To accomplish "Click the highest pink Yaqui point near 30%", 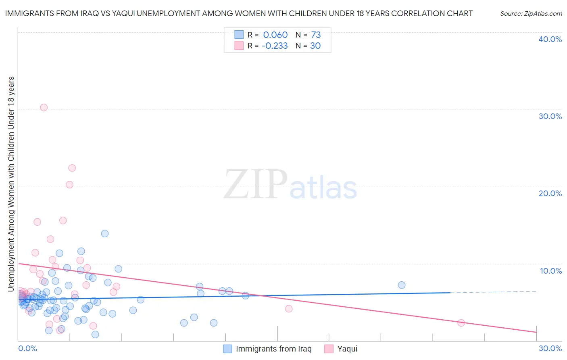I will point(44,107).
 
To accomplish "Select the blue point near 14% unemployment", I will point(105,233).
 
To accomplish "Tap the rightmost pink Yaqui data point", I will point(461,322).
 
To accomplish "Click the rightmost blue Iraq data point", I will point(402,285).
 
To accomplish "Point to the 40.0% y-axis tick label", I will point(550,39).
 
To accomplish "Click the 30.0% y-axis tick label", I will point(550,116).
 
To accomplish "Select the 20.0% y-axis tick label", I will point(550,193).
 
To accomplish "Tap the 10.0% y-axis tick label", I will point(551,271).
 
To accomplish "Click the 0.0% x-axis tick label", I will point(27,348).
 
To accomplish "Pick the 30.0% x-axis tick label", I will point(550,348).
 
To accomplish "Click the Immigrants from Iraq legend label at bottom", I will point(273,349).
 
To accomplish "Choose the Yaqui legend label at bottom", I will point(347,349).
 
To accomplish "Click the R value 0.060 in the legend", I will point(275,35).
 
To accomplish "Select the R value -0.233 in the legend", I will point(275,46).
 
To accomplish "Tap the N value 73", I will point(316,35).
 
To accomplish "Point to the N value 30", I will point(315,46).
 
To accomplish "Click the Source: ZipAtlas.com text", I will point(531,13).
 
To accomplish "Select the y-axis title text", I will point(11,184).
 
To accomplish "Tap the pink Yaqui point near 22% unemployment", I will point(72,168).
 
